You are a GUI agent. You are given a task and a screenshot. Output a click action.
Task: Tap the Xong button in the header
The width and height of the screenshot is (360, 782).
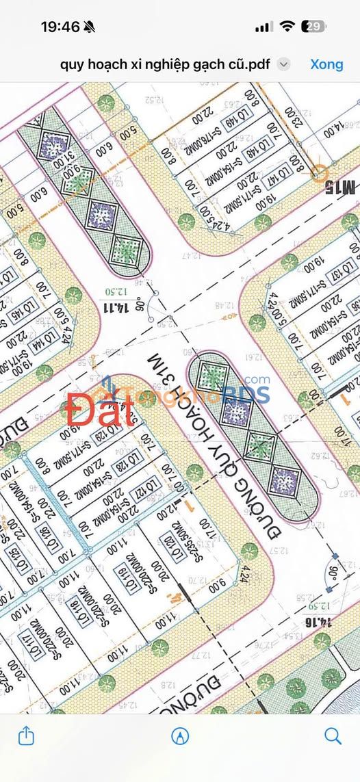click(326, 64)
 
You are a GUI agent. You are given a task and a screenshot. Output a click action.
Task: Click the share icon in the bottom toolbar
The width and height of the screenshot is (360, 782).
click(26, 735)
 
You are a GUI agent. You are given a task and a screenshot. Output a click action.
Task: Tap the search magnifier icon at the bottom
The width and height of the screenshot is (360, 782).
click(333, 735)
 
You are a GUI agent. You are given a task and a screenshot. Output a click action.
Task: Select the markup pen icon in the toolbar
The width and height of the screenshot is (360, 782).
click(180, 735)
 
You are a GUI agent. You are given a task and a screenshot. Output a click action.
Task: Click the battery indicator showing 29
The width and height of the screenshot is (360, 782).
click(315, 27)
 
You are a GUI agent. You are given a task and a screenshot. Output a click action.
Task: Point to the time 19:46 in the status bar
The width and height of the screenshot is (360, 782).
click(60, 27)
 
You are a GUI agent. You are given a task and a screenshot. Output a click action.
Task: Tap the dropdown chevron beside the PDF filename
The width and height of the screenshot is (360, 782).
click(283, 64)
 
